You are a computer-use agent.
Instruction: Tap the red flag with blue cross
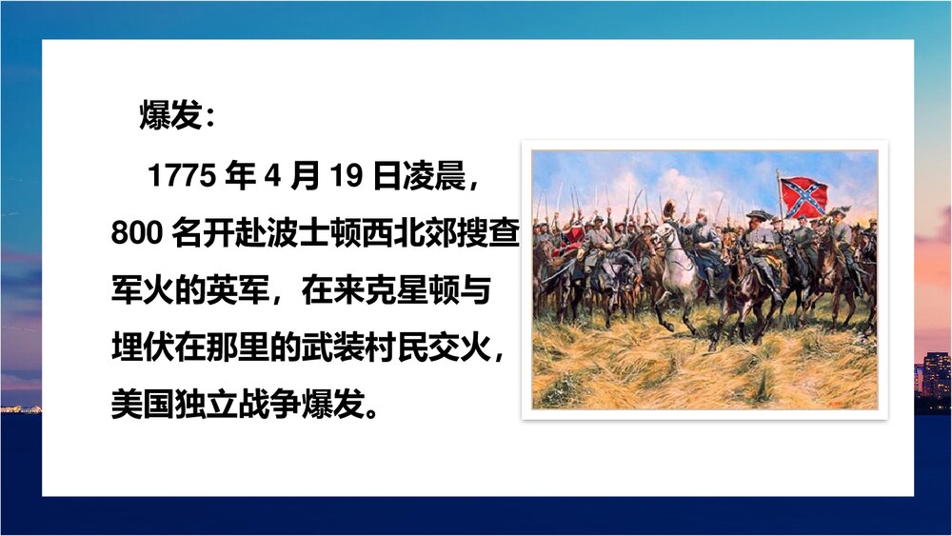coord(803,197)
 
